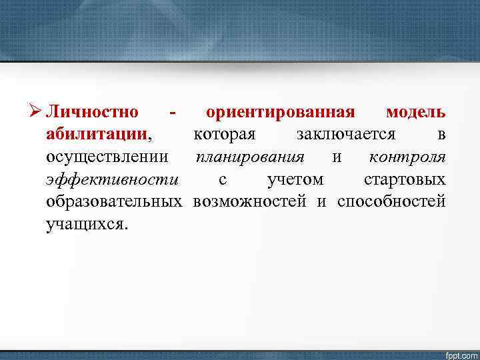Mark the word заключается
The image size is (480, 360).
pyautogui.click(x=346, y=134)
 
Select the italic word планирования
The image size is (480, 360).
pyautogui.click(x=250, y=157)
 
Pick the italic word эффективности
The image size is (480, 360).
pyautogui.click(x=113, y=179)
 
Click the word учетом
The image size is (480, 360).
pyautogui.click(x=295, y=179)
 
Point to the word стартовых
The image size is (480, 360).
pyautogui.click(x=405, y=179)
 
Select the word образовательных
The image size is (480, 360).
pyautogui.click(x=115, y=202)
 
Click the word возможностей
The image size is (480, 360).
pyautogui.click(x=251, y=202)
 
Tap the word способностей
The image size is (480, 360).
pyautogui.click(x=391, y=202)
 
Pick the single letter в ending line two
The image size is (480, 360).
pyautogui.click(x=441, y=134)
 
